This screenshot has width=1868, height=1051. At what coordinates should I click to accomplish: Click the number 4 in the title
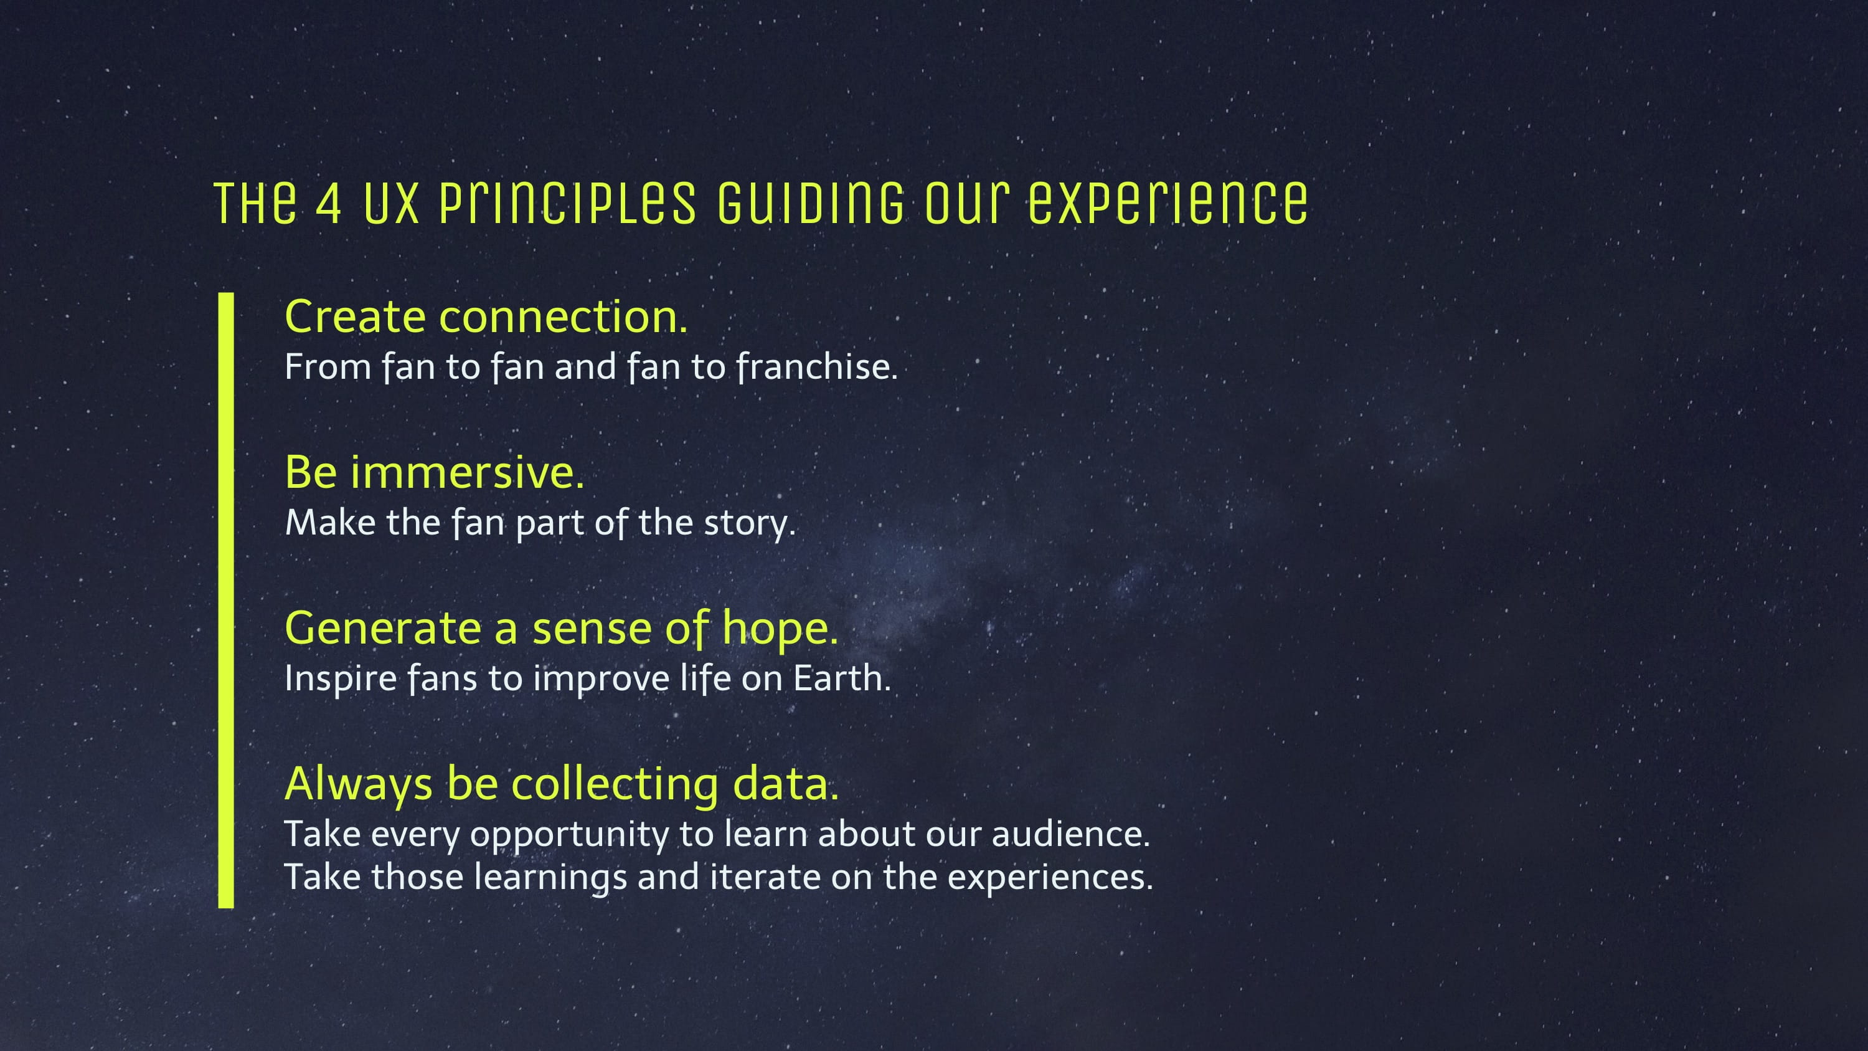329,203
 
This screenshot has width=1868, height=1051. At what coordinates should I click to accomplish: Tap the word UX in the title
392,203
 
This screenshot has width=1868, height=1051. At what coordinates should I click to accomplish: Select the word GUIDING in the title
811,203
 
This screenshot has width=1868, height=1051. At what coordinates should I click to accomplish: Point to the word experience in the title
1167,203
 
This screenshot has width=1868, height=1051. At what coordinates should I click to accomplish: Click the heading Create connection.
486,317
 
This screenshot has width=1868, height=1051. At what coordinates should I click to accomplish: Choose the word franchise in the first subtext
816,366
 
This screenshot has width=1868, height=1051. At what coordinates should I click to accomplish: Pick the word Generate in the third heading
383,628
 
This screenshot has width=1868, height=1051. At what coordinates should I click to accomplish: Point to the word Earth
841,679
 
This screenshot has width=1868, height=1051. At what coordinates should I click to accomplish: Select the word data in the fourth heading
785,784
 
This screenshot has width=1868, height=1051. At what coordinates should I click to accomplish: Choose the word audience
1070,834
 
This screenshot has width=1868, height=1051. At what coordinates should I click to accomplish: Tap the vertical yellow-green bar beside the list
226,601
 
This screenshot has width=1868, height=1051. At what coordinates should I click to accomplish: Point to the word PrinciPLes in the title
568,203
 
